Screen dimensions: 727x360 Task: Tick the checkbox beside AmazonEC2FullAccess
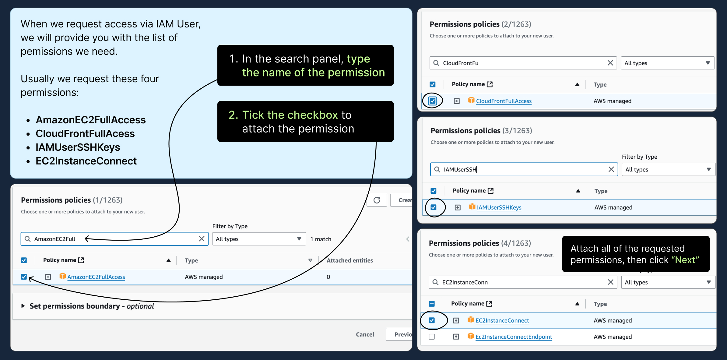pos(24,277)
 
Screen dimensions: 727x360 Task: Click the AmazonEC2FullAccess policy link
pos(96,277)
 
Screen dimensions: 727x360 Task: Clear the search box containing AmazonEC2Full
pos(202,239)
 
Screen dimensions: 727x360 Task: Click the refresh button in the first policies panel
pos(377,200)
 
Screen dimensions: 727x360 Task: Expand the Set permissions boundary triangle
pos(23,306)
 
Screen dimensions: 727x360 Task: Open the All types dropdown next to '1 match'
pos(259,239)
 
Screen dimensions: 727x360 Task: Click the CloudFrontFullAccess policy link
pos(504,101)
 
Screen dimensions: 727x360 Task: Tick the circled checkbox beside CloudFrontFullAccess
pos(433,101)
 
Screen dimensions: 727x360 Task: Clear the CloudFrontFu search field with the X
pos(610,63)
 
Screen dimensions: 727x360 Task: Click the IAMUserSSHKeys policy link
pos(499,207)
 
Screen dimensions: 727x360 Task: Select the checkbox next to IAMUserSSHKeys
pos(434,207)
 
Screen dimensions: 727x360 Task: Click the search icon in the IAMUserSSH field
pos(437,169)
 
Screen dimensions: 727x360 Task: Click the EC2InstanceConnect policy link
pos(502,320)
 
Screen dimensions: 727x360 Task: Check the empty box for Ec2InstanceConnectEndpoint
pos(432,337)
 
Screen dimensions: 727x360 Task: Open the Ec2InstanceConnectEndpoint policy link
pos(514,337)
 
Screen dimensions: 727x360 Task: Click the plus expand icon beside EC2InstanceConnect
pos(456,320)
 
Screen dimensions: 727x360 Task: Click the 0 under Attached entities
pos(328,277)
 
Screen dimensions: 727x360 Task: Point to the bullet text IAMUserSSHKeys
pos(78,147)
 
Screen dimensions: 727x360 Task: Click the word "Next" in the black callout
pos(685,260)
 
